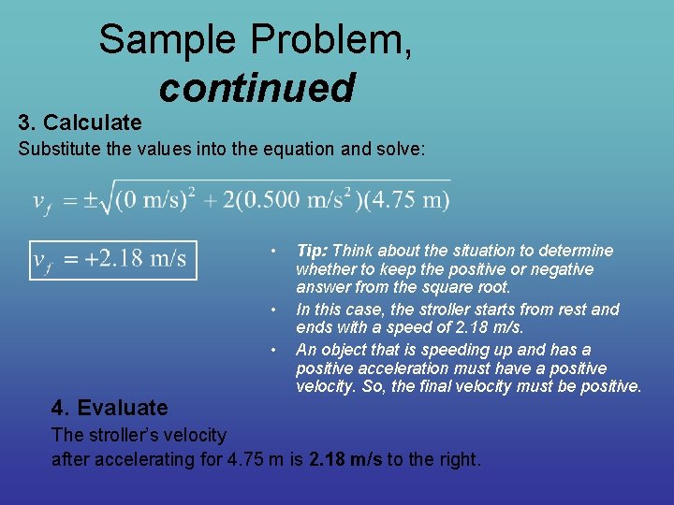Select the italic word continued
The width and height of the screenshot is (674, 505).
tap(256, 88)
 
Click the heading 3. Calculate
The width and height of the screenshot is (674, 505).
tap(81, 123)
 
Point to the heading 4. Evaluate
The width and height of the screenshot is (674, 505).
tap(110, 408)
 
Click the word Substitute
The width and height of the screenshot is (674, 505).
tap(56, 149)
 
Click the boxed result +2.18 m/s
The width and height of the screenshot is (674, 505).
tap(113, 258)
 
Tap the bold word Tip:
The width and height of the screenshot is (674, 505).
tap(312, 251)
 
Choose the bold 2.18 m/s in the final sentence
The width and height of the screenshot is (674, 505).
tap(345, 459)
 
